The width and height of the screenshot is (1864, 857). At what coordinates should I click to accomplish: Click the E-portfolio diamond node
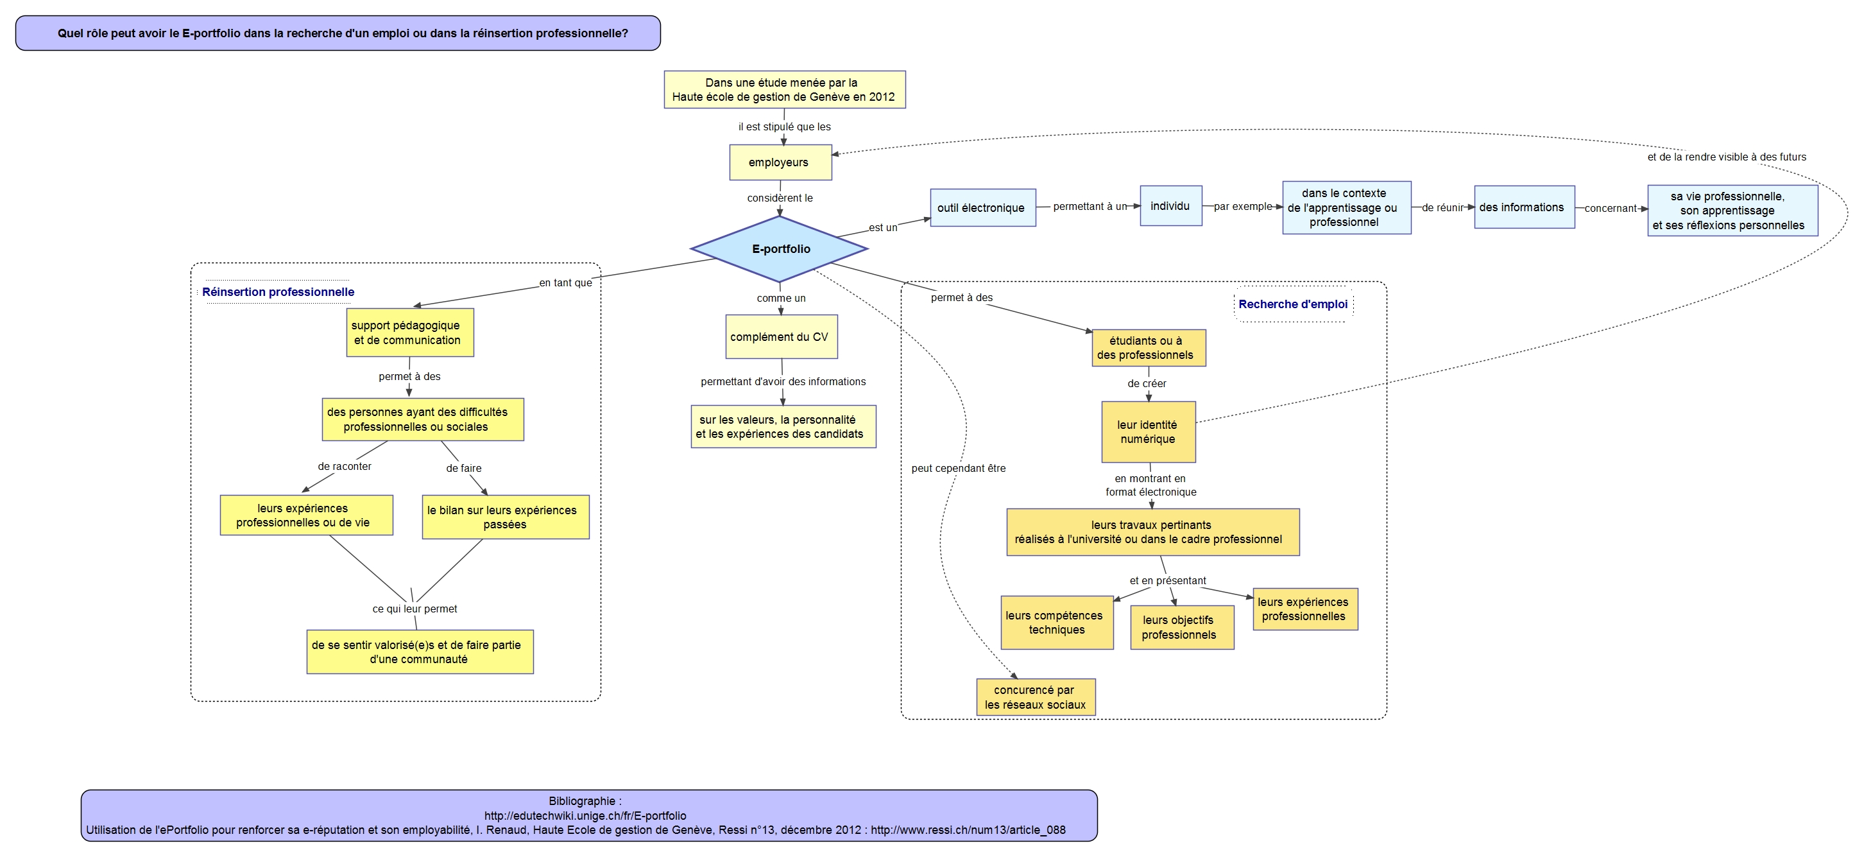780,248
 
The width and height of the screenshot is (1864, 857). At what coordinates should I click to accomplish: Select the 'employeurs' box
780,162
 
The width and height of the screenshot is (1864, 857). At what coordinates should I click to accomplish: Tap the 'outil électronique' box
982,208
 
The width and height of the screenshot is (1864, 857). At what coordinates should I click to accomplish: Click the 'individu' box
1171,205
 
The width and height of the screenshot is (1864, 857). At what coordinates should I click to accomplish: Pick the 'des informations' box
1525,207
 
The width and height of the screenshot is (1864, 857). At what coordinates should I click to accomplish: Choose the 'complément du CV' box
782,336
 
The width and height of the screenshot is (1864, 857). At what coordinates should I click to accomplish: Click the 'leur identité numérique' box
1149,432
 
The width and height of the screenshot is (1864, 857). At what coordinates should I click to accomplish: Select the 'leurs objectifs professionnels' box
1182,628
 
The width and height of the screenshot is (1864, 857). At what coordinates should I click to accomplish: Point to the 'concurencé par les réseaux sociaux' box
1036,697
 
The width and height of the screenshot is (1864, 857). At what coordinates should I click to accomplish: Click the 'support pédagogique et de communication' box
409,333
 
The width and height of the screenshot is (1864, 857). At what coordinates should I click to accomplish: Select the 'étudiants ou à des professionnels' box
1149,348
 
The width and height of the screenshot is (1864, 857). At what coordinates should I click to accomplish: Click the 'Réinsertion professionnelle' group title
278,291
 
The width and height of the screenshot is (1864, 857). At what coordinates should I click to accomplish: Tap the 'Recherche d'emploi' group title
1293,304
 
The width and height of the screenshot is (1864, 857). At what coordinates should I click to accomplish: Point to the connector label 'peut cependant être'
958,469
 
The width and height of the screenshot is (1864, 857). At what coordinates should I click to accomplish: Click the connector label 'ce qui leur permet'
415,609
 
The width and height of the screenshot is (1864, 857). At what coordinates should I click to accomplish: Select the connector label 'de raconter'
345,466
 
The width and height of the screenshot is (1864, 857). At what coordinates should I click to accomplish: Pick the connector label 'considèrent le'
780,198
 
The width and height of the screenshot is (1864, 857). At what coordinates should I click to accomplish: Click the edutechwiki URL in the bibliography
585,816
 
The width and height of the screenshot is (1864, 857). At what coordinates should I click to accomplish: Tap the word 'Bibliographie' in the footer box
582,801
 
